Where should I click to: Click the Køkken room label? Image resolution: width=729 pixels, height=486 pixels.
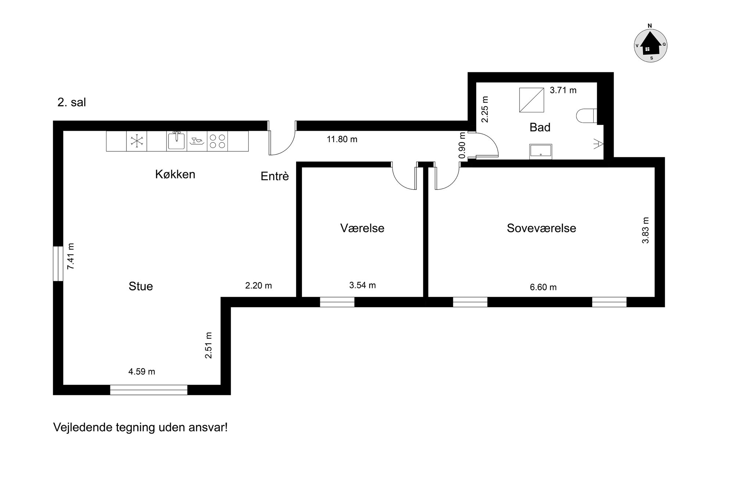(x=175, y=174)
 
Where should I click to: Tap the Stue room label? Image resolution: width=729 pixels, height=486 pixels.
(x=141, y=286)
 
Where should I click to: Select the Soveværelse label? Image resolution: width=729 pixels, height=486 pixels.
(x=541, y=228)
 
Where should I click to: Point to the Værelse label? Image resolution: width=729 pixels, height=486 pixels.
(x=362, y=228)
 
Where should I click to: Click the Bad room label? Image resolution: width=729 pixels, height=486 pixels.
(x=540, y=127)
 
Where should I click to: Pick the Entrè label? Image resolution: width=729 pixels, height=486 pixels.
(x=275, y=176)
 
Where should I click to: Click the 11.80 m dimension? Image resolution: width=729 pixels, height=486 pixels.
(x=342, y=139)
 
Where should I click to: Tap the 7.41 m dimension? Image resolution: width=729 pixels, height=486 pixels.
(x=71, y=256)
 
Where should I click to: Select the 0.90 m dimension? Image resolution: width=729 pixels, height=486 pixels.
(x=463, y=145)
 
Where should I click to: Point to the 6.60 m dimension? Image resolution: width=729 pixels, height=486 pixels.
(x=543, y=287)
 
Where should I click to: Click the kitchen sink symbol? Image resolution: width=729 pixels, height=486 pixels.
(x=176, y=141)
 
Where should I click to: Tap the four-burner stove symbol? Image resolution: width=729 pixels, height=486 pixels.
(x=217, y=141)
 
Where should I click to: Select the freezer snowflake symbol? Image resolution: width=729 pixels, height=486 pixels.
(x=136, y=141)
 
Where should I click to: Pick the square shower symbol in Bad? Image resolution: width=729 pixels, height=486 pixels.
(x=531, y=100)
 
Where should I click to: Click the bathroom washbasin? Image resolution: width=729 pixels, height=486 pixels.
(x=541, y=152)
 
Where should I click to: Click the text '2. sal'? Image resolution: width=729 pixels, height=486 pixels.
(x=72, y=102)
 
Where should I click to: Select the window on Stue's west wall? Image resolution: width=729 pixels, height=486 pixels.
(x=58, y=263)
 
